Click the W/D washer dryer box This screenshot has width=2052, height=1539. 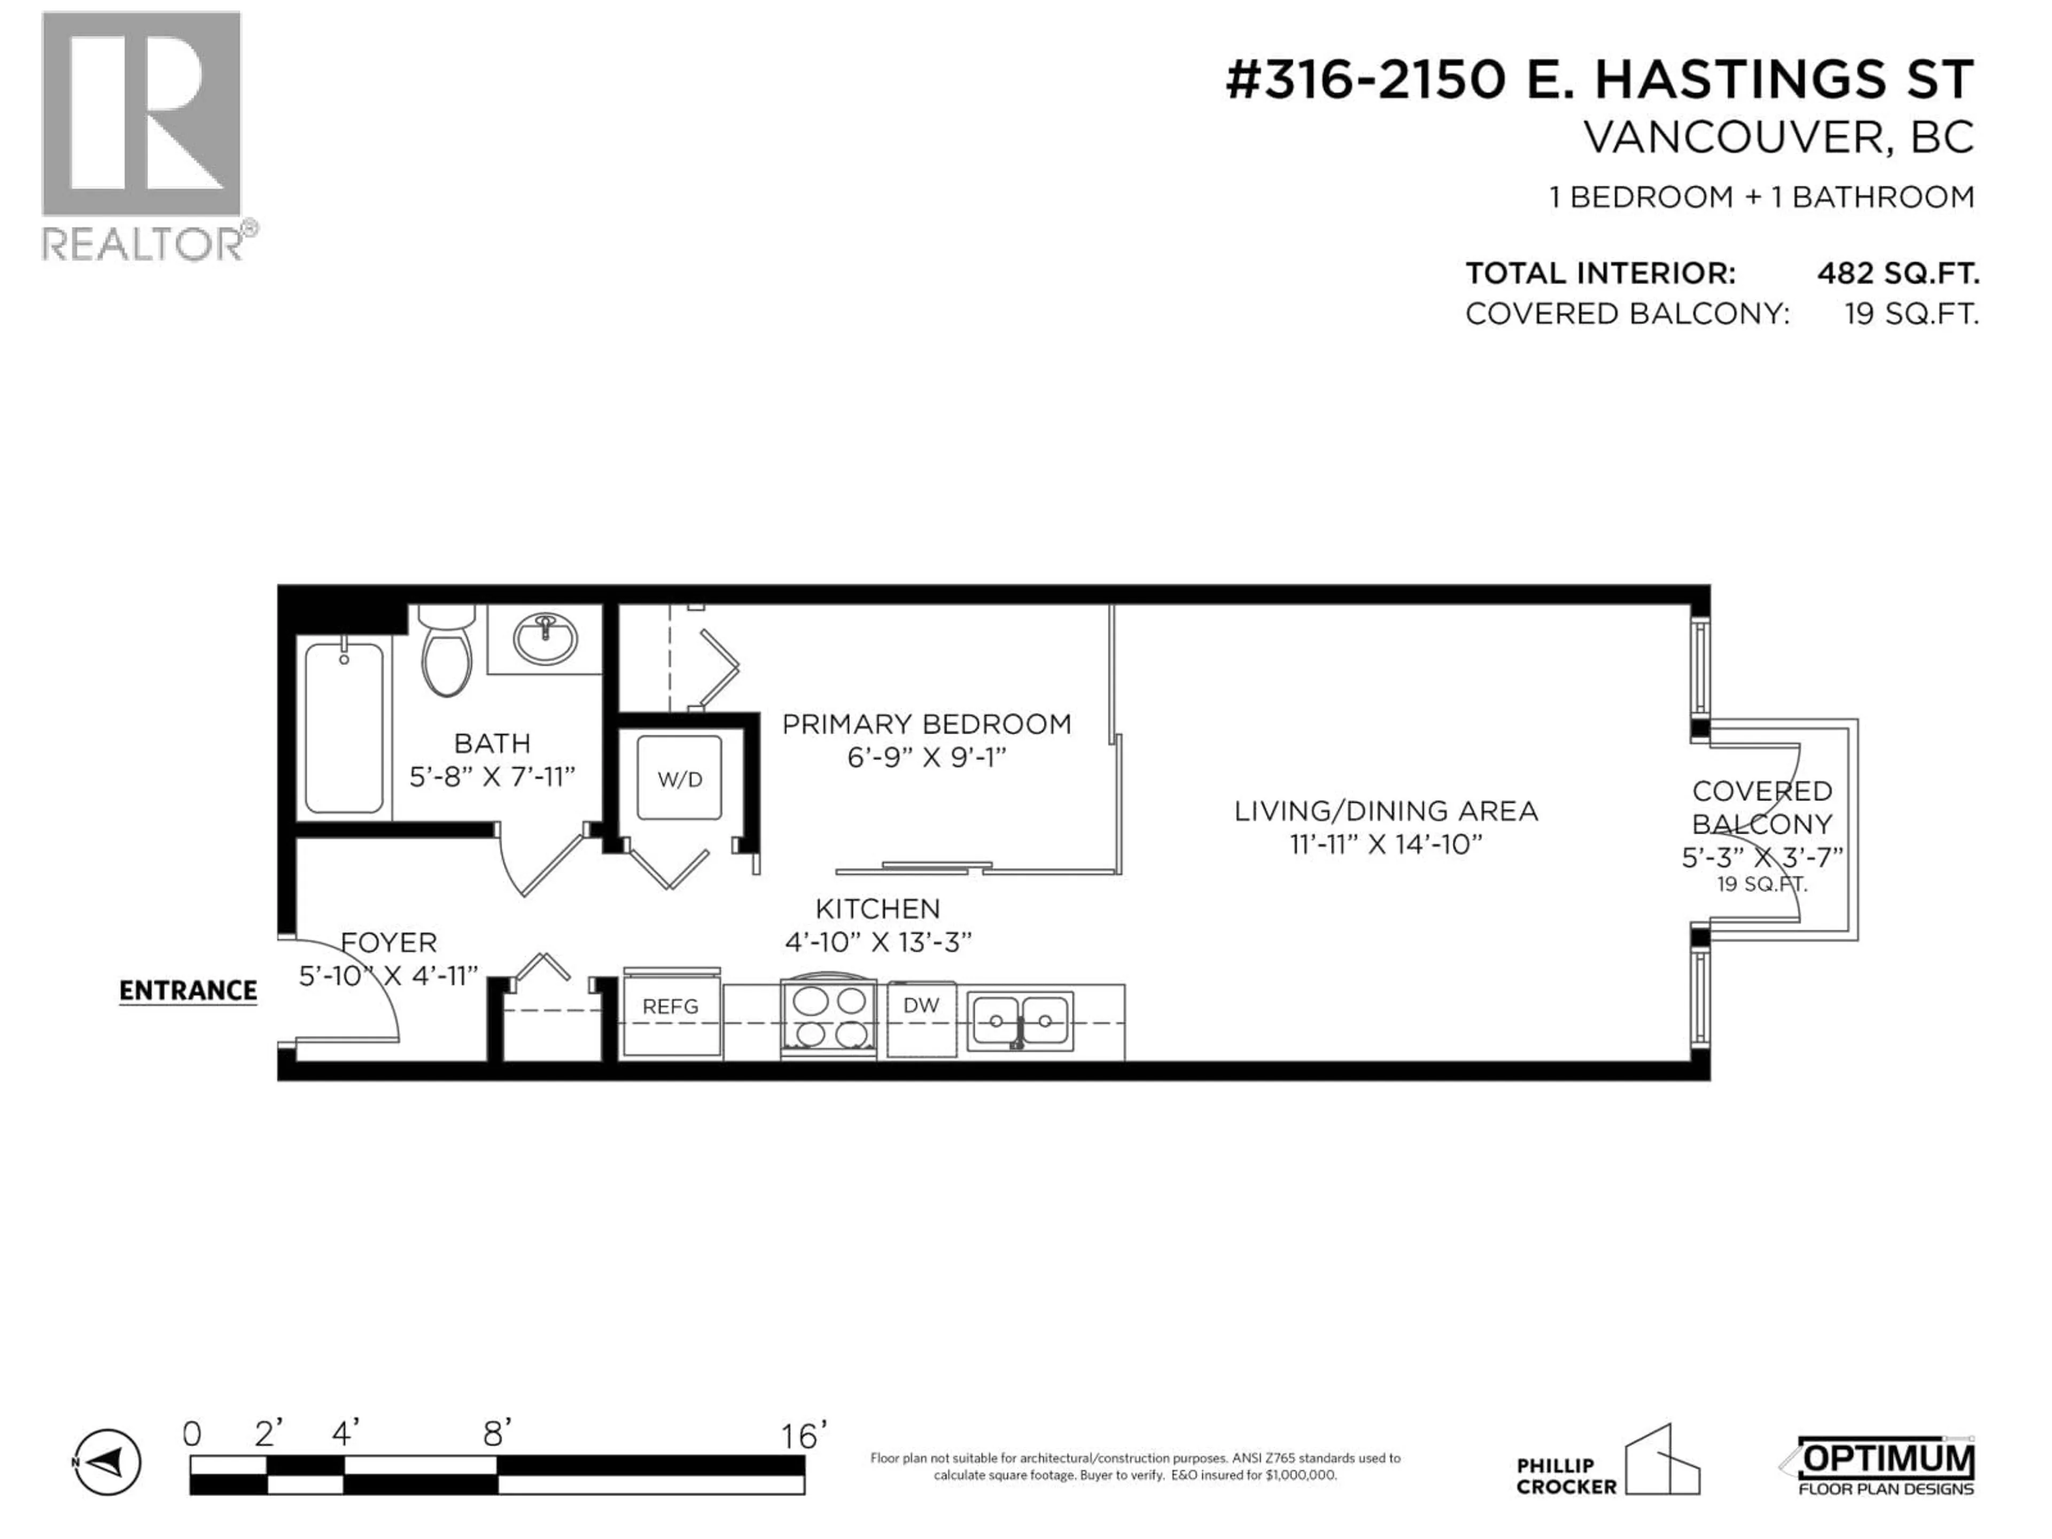click(x=680, y=778)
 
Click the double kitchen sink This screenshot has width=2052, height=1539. click(x=1020, y=1021)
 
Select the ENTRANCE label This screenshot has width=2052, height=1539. click(x=188, y=991)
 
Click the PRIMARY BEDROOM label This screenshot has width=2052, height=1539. click(x=926, y=725)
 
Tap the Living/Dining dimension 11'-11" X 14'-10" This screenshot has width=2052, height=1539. click(x=1386, y=845)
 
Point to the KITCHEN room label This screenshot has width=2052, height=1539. click(x=877, y=909)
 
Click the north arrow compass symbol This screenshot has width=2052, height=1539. click(x=107, y=1463)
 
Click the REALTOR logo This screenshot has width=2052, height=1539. click(x=142, y=135)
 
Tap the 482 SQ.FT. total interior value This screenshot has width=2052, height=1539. click(x=1898, y=274)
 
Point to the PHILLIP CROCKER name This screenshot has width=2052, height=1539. click(x=1566, y=1476)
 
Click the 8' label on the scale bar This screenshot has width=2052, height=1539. click(x=496, y=1435)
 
